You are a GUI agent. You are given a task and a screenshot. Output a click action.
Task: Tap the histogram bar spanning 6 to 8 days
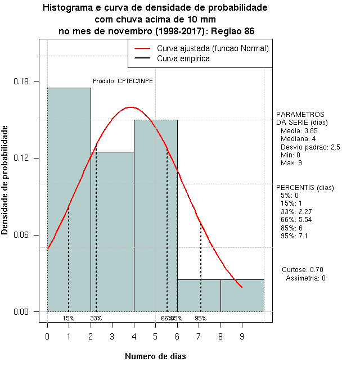click(199, 295)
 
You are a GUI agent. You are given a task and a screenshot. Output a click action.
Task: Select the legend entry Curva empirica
click(183, 58)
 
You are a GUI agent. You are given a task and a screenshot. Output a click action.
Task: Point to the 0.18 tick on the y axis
click(24, 82)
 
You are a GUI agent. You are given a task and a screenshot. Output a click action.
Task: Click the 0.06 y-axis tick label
click(24, 235)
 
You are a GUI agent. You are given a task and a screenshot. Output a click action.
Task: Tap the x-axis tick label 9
click(242, 336)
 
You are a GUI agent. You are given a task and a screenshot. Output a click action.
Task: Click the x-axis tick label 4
click(134, 336)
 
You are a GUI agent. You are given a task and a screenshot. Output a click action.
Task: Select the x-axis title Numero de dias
click(155, 356)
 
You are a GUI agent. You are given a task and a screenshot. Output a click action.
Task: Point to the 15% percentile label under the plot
click(69, 318)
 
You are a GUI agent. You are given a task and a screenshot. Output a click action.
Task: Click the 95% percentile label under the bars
click(201, 318)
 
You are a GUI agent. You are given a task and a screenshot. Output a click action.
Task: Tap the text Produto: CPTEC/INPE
click(123, 81)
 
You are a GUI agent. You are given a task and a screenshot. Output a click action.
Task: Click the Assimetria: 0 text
click(305, 278)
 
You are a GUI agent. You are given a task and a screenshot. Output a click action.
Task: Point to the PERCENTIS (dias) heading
click(305, 187)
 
